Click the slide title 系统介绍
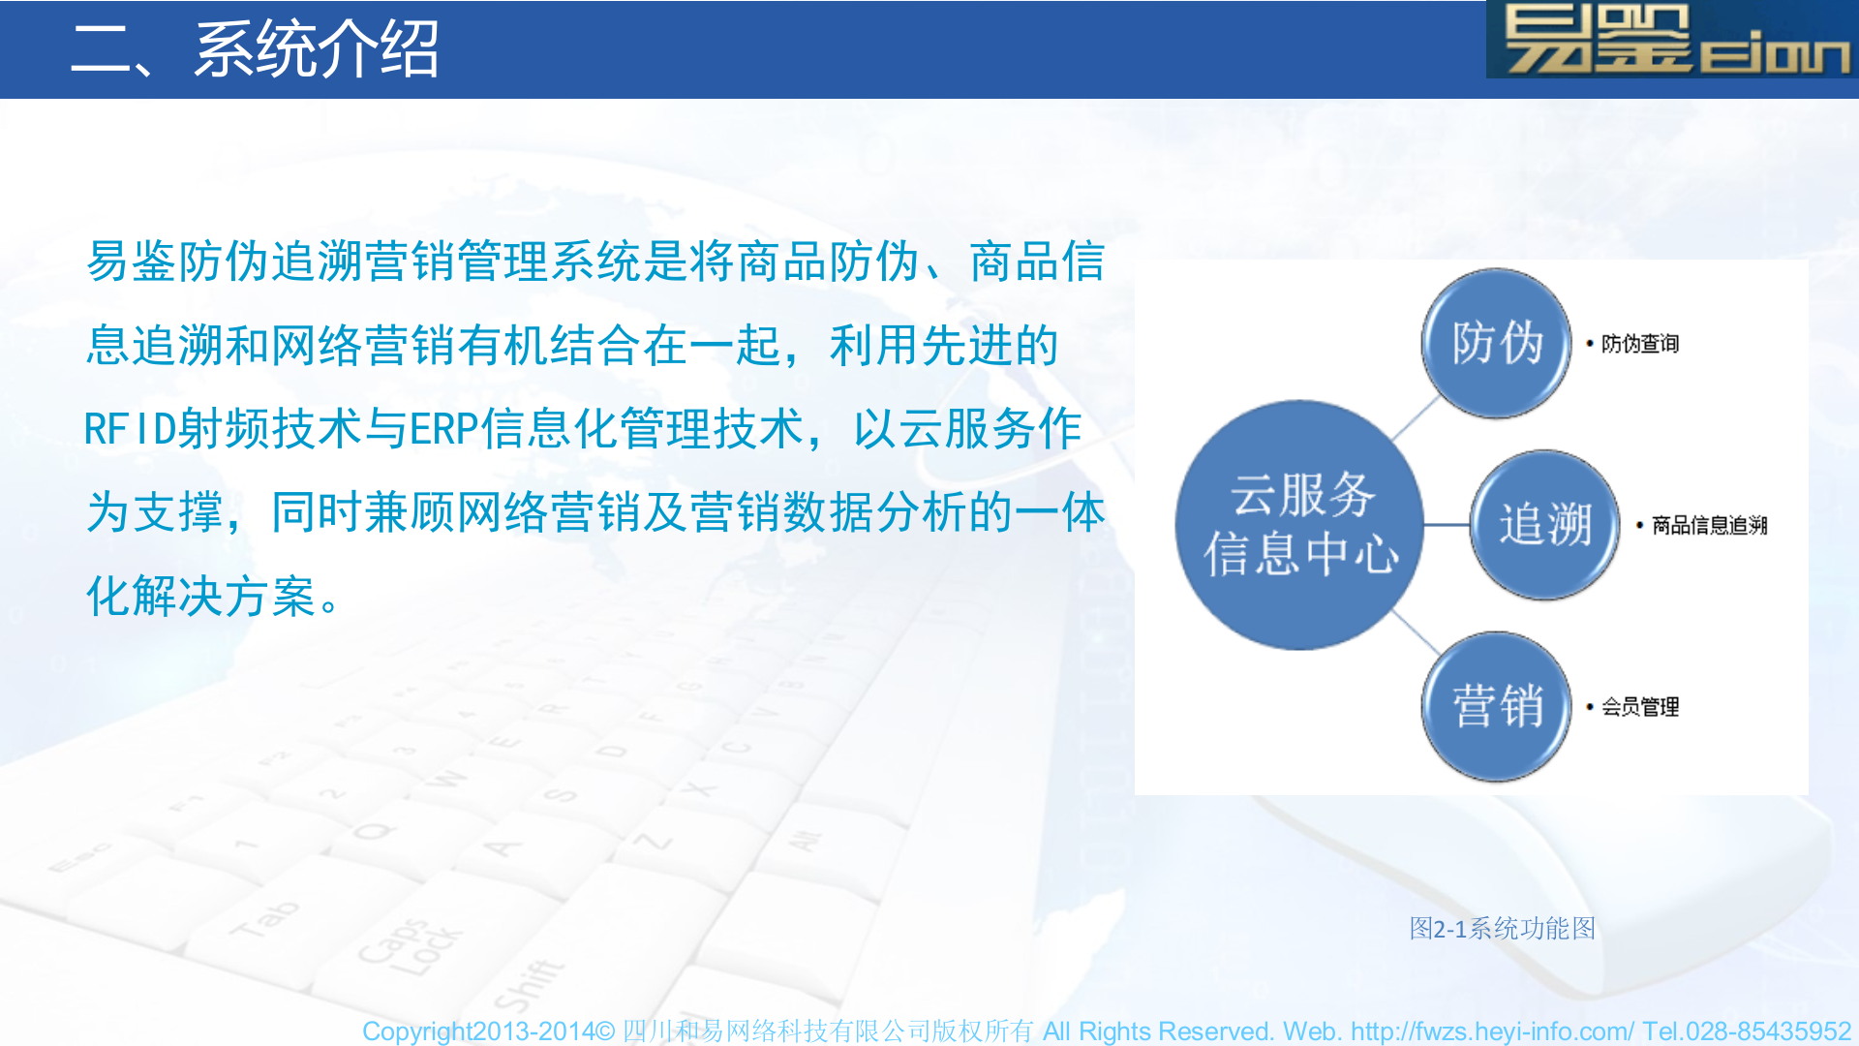tap(317, 48)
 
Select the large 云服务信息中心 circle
tap(1299, 524)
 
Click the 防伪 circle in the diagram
tap(1496, 343)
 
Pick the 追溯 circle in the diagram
tap(1544, 524)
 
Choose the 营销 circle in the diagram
tap(1496, 706)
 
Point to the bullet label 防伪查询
tap(1639, 344)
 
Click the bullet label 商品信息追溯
tap(1709, 525)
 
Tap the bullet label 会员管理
tap(1639, 707)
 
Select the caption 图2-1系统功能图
tap(1502, 928)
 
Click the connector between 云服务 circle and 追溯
tap(1447, 525)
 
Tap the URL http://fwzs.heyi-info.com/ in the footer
tap(1492, 1031)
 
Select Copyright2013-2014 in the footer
tap(478, 1031)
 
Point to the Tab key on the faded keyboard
tap(263, 918)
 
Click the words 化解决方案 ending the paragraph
tap(201, 596)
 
